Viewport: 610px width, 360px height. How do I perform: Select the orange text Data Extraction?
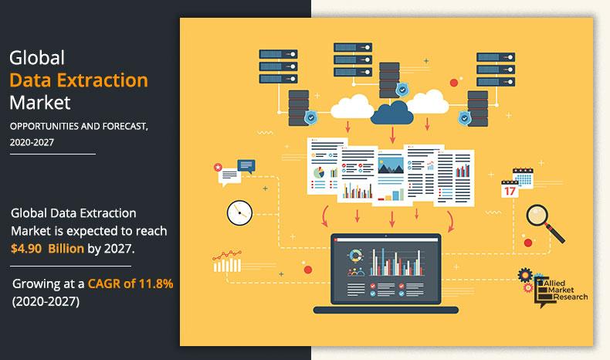click(x=79, y=79)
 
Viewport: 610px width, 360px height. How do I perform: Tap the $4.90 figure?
click(x=27, y=249)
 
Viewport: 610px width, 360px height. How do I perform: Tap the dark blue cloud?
click(x=393, y=114)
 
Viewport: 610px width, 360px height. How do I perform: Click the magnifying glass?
click(x=539, y=217)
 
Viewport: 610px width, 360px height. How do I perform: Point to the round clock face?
click(x=239, y=212)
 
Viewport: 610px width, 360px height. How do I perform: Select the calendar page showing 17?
click(x=510, y=189)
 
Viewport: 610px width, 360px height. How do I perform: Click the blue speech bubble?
click(x=246, y=165)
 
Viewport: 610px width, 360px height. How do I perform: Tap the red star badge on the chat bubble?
click(x=219, y=167)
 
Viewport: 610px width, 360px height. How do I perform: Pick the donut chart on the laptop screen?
click(x=356, y=256)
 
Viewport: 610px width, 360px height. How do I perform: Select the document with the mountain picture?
click(x=388, y=175)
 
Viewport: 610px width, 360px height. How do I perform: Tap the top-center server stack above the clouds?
click(x=353, y=61)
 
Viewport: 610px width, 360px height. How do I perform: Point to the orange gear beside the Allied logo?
click(x=525, y=275)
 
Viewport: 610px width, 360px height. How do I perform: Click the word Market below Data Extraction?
click(x=39, y=101)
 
